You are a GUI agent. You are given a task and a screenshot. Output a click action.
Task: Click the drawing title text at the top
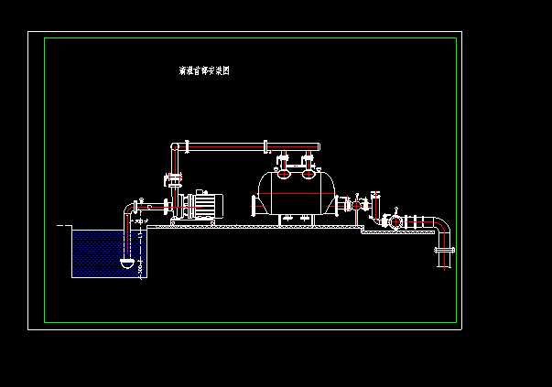[203, 70]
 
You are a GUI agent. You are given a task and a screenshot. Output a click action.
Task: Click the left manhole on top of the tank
[284, 167]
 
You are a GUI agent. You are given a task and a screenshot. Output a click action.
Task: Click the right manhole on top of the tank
[308, 167]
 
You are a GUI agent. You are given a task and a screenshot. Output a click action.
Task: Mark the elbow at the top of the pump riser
[175, 148]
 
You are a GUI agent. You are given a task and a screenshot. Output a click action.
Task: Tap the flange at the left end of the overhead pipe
[186, 145]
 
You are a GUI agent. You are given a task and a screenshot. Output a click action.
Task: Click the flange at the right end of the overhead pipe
[265, 146]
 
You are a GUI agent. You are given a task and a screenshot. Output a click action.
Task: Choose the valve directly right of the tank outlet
[356, 206]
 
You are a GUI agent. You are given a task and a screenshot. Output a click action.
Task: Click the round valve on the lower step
[394, 221]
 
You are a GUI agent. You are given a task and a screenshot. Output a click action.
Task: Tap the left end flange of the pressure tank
[256, 205]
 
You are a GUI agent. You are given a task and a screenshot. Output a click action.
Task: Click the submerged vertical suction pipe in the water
[127, 240]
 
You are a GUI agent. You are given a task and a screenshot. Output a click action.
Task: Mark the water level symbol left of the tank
[62, 224]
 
